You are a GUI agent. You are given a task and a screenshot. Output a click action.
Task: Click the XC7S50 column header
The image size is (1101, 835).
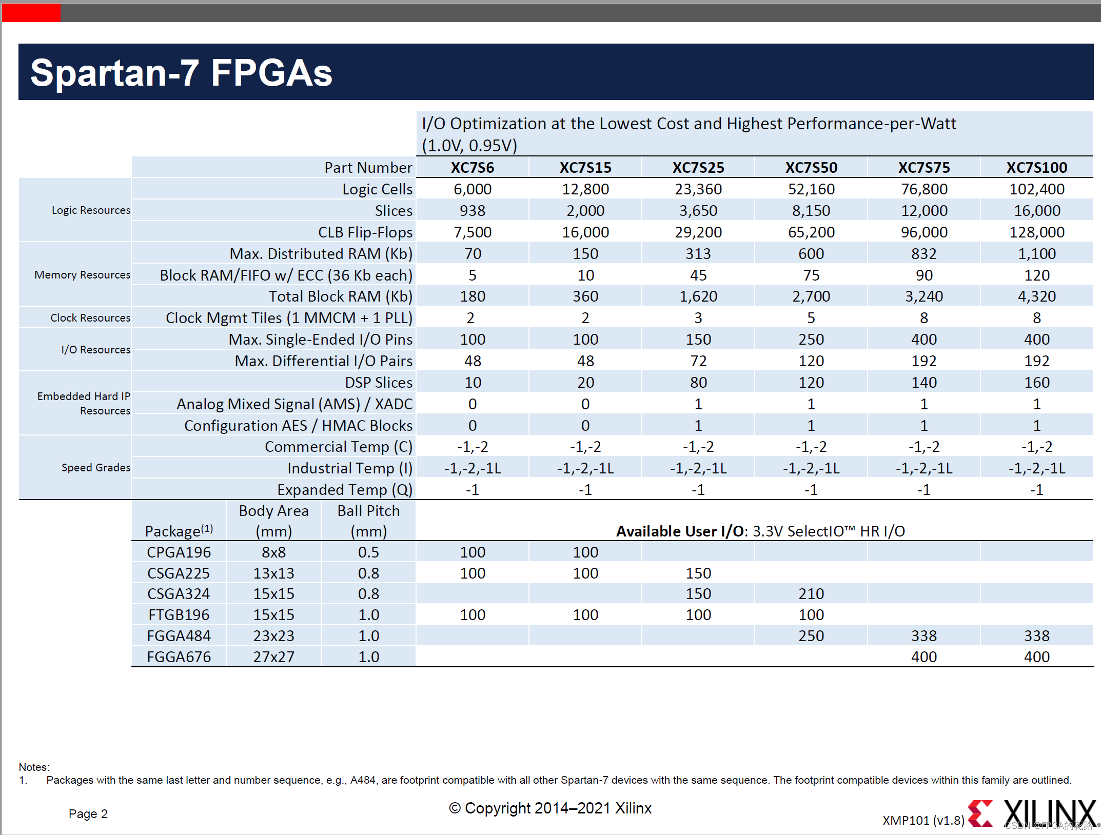[x=811, y=168]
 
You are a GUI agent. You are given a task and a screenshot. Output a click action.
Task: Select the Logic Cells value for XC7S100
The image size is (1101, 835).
[x=1036, y=189]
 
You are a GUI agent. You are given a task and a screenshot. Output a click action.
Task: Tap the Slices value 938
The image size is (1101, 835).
[x=472, y=211]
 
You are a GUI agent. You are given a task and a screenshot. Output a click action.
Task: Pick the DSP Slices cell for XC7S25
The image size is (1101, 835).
[x=698, y=383]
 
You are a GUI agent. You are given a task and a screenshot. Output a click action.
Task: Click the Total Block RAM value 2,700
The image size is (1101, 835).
[x=811, y=296]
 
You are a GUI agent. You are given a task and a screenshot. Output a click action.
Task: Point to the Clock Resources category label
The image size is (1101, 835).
[x=90, y=318]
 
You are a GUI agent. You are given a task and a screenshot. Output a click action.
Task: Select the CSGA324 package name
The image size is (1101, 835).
[x=179, y=594]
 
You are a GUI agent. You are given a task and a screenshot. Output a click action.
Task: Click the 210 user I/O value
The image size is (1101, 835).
[x=811, y=594]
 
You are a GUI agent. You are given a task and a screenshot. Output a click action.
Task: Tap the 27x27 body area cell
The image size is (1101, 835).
[x=273, y=657]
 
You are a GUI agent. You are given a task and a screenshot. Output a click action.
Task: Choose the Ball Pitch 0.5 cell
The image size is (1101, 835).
[x=368, y=552]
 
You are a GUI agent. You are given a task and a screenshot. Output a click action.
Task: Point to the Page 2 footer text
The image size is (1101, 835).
[x=88, y=814]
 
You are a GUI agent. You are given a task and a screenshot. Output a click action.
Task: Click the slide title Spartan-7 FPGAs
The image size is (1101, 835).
[x=181, y=72]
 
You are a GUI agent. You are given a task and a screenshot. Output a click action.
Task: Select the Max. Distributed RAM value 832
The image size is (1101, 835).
[x=923, y=254]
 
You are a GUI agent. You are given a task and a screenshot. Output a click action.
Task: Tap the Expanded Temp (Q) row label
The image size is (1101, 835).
[x=344, y=490]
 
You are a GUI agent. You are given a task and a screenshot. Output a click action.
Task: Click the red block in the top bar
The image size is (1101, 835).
[x=31, y=13]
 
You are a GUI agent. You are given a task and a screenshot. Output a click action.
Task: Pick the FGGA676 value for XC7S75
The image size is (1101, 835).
[x=923, y=657]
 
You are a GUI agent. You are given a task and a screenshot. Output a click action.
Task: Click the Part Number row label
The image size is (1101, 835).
[x=368, y=168]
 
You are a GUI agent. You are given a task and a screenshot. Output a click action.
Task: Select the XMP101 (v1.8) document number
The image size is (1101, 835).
[x=923, y=820]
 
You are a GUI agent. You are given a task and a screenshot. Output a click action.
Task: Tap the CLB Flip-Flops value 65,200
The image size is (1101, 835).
[x=811, y=232]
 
